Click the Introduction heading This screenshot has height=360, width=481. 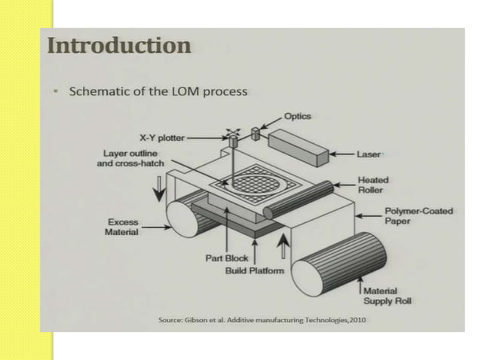[119, 46]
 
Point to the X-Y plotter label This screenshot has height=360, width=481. [161, 138]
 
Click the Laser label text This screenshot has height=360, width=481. [369, 154]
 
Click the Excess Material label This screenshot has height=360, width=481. [123, 227]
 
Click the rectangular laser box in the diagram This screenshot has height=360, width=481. [299, 146]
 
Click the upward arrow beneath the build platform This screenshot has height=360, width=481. [283, 245]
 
